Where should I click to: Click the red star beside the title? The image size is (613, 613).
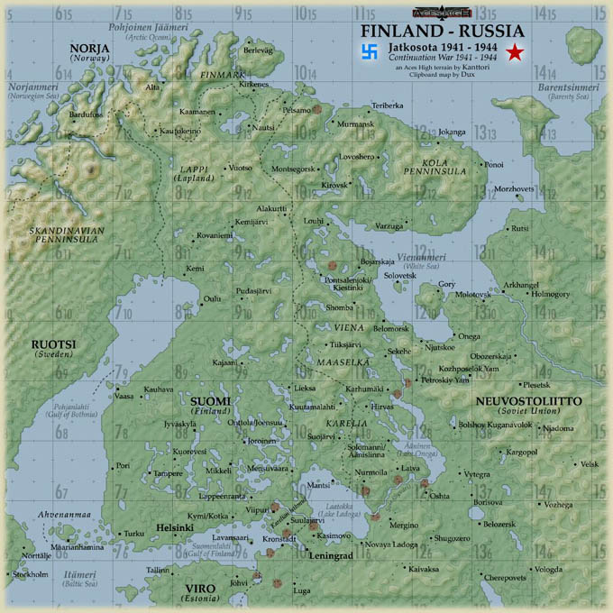(514, 53)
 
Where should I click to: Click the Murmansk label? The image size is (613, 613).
(353, 123)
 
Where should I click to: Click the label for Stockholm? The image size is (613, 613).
(31, 573)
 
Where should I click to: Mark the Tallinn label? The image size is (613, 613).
(158, 570)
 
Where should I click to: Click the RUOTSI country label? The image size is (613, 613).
(54, 344)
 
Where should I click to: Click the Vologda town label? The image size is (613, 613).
(548, 569)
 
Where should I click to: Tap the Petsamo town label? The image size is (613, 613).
(297, 109)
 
